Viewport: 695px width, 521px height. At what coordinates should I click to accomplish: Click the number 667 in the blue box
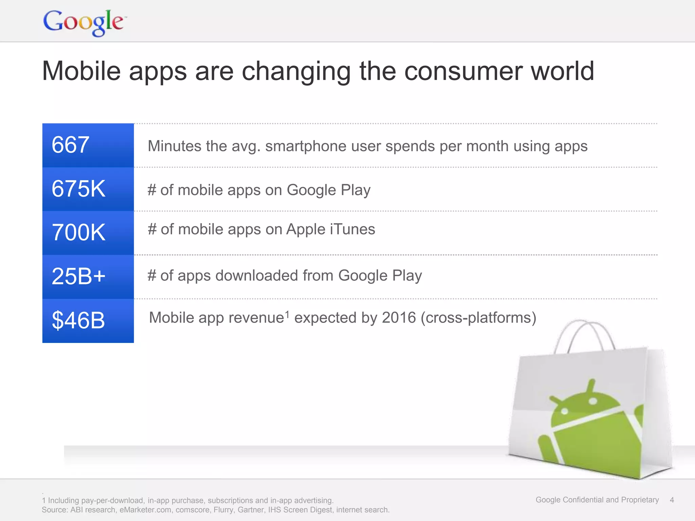[71, 145]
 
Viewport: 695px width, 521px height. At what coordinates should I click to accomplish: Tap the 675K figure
[78, 189]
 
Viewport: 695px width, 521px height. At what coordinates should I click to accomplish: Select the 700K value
[78, 233]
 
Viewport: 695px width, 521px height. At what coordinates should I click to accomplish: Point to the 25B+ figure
[78, 276]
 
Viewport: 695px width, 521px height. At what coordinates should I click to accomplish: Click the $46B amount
[78, 320]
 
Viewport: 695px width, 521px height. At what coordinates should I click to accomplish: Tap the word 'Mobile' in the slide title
[81, 71]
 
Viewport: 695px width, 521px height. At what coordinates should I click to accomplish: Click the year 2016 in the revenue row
[399, 318]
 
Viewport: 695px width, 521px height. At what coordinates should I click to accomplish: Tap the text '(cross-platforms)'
[478, 318]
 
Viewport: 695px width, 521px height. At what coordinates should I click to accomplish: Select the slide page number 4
[672, 500]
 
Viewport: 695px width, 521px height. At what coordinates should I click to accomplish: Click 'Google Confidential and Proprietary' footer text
[597, 500]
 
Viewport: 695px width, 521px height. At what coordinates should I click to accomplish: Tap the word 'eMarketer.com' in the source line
[145, 510]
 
